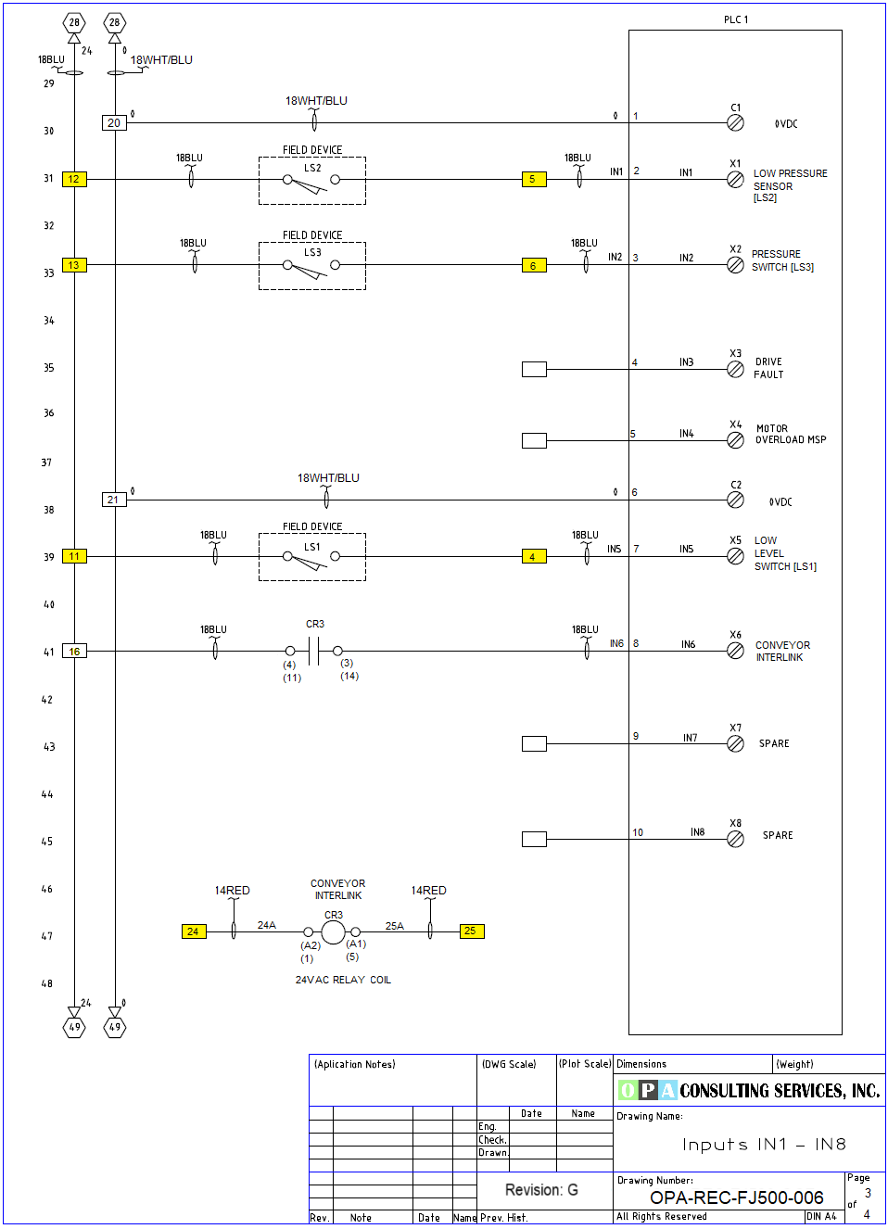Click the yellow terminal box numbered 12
point(74,179)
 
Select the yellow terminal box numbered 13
point(74,265)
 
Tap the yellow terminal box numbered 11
point(74,556)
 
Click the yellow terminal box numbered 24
point(193,931)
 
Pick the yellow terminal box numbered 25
point(471,931)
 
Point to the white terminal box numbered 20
point(114,122)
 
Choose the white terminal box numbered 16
point(74,652)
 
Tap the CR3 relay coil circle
point(333,931)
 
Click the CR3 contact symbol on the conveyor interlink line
point(313,651)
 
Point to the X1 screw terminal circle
point(735,180)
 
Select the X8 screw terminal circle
point(735,839)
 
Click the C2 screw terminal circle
point(735,500)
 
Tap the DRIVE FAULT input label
point(768,368)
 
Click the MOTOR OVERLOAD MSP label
point(791,434)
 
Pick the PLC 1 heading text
point(736,19)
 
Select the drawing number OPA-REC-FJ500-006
point(736,1197)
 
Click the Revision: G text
point(541,1190)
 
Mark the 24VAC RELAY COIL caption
point(343,980)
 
